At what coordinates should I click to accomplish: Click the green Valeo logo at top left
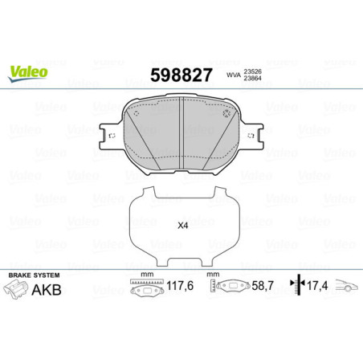29,71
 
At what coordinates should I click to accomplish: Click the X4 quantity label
182,226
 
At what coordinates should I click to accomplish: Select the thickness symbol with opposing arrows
296,286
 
